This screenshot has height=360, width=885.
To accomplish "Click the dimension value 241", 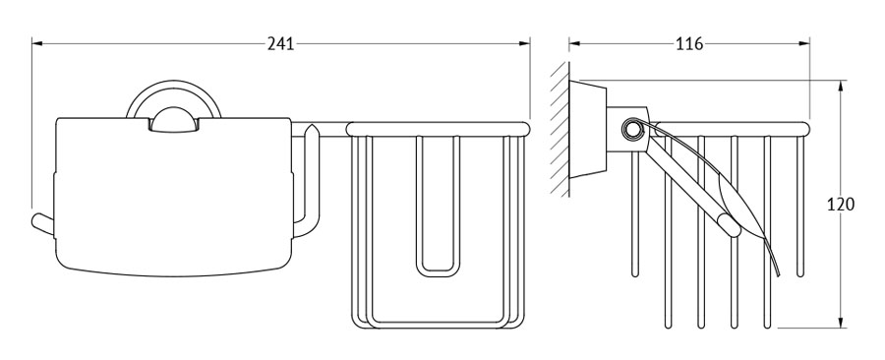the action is pos(280,43).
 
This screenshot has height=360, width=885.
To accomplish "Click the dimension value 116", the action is pos(689,43).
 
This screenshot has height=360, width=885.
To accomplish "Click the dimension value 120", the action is pos(841,205).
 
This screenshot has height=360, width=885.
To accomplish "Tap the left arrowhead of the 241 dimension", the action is pos(37,42).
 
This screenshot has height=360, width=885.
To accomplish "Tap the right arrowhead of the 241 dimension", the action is pos(524,42).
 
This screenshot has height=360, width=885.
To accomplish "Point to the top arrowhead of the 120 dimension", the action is pos(841,86).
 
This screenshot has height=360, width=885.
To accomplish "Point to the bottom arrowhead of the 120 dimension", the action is pos(841,322).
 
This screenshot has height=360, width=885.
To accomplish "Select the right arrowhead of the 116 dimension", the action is pos(803,42).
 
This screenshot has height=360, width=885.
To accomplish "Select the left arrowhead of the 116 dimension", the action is pos(574,42).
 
